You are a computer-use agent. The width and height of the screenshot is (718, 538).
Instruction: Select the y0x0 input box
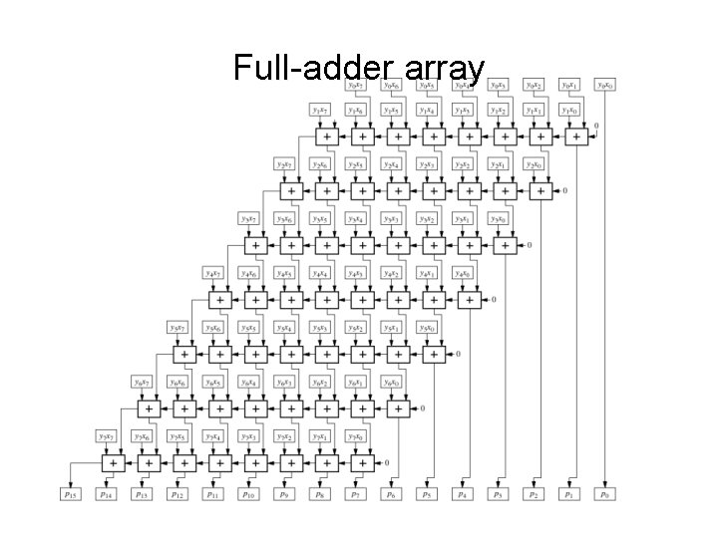(x=605, y=84)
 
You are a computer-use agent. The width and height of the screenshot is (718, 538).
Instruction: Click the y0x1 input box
(x=571, y=84)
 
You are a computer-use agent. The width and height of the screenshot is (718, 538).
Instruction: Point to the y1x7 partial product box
(x=322, y=111)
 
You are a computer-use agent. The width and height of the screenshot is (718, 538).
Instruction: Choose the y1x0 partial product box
(x=571, y=111)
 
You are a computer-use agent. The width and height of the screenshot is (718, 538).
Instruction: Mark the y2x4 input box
(x=392, y=164)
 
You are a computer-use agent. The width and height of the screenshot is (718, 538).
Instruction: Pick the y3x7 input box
(x=251, y=218)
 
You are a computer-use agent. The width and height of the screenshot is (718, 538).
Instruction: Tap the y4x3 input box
(x=357, y=273)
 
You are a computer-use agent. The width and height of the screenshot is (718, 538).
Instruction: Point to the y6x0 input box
(x=393, y=382)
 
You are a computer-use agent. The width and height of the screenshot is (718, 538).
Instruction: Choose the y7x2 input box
(x=286, y=435)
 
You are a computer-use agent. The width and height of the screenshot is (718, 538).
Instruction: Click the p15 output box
(x=73, y=493)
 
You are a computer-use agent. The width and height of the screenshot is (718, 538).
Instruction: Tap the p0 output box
(x=605, y=493)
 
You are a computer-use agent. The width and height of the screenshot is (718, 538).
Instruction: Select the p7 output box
(x=357, y=493)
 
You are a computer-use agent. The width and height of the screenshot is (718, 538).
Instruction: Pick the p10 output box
(x=250, y=493)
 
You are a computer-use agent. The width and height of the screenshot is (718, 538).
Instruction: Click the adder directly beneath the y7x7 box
(x=114, y=462)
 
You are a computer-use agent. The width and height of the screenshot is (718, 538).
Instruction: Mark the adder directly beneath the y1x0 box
(x=575, y=135)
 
